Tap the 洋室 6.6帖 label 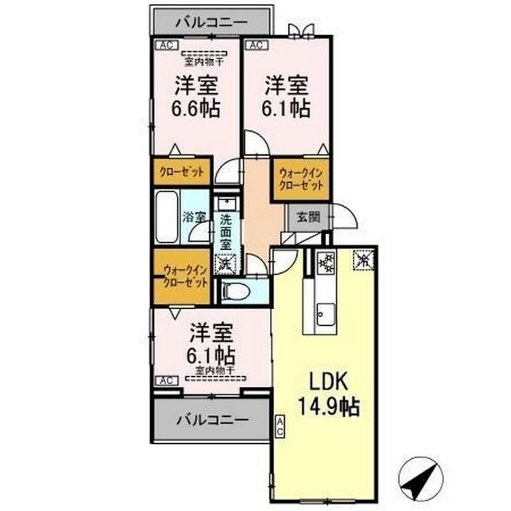pos(196,95)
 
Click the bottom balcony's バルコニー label pos(211,418)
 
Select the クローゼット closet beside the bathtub pos(180,172)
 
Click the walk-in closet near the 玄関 pos(302,179)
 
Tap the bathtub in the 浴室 pos(167,216)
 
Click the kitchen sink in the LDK pos(325,312)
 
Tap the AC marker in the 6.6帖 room pos(166,46)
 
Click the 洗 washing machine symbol pos(226,262)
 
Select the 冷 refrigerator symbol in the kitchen pos(364,259)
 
